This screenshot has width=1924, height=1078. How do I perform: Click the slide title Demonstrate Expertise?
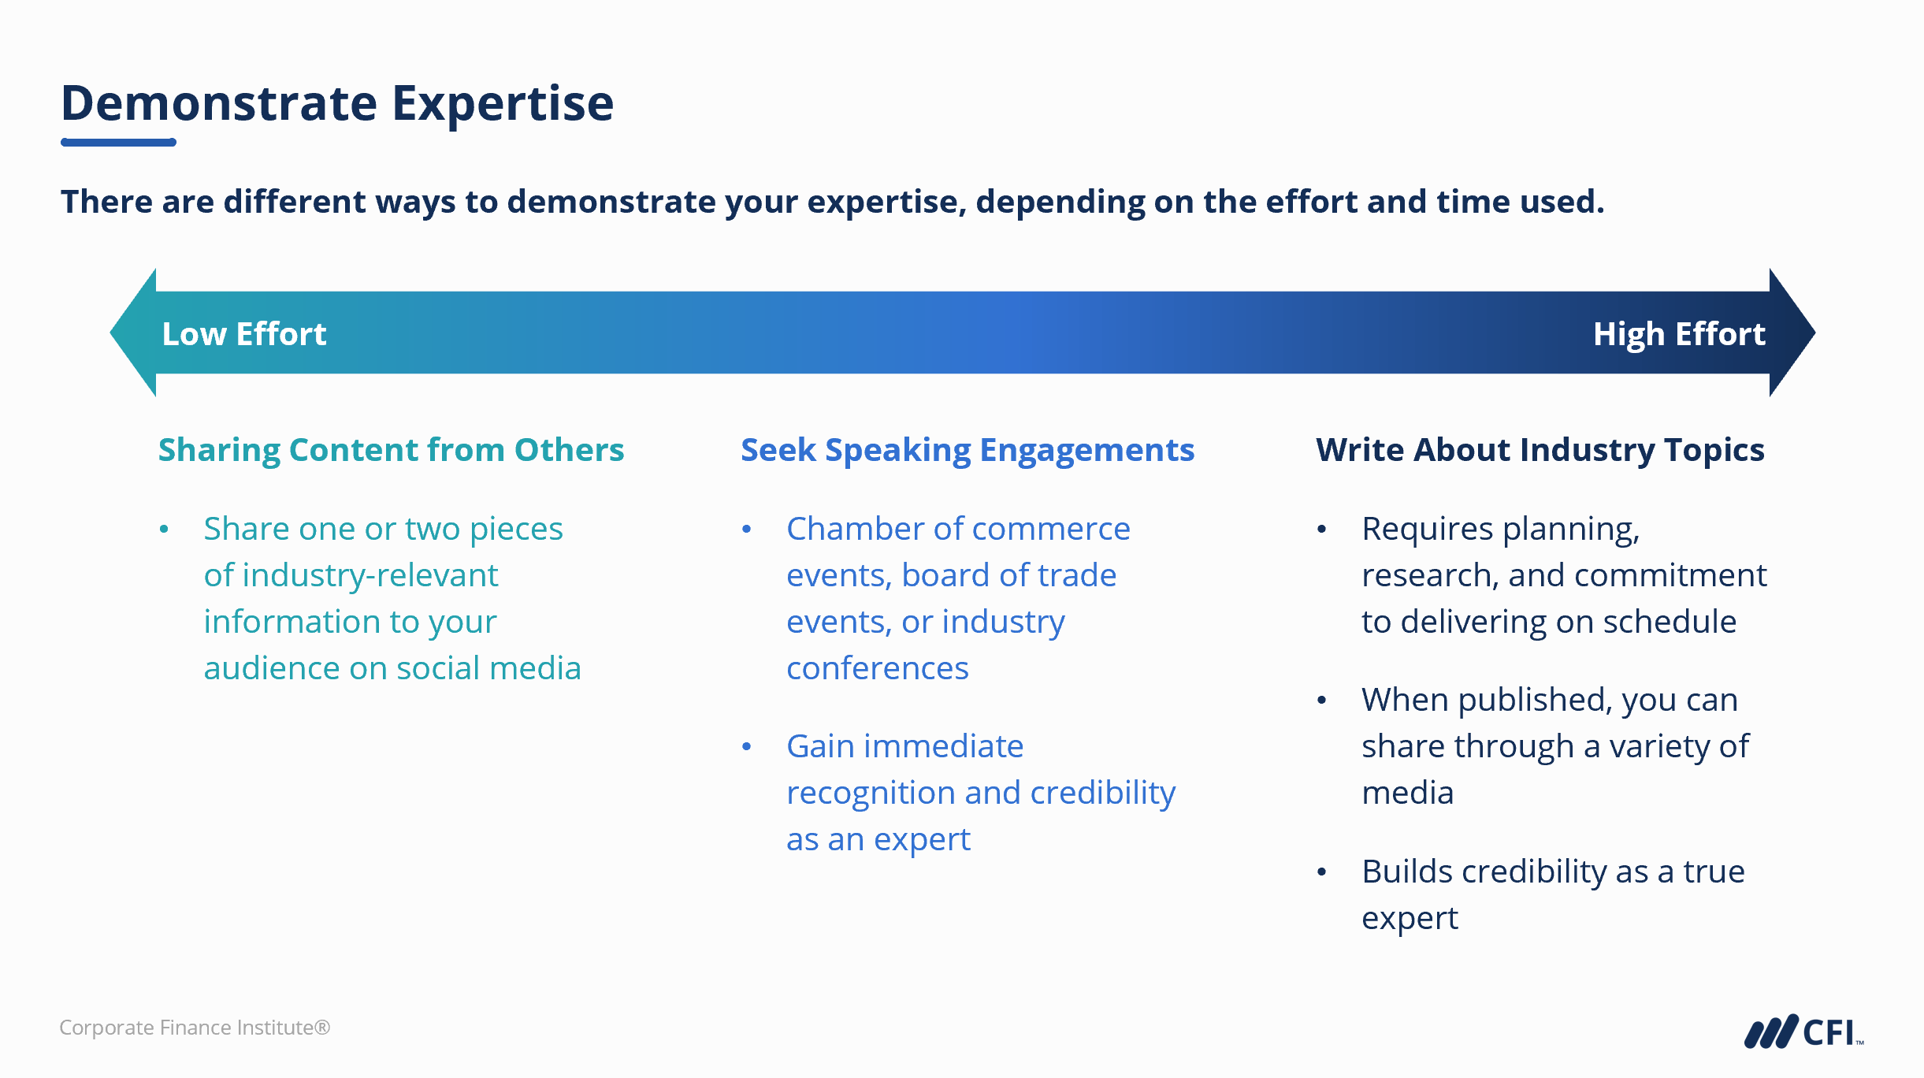coord(337,103)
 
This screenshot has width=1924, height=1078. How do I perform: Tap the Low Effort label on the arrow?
coord(243,334)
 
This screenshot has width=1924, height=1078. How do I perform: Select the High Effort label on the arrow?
coord(1679,334)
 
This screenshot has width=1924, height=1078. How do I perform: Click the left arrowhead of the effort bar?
coord(134,333)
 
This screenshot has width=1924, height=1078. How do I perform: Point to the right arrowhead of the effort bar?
coord(1792,333)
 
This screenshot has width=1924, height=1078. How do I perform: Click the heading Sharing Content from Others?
coord(391,450)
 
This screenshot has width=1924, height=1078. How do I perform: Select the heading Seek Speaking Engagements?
coord(968,450)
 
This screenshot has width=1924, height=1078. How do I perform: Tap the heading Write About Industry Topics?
coord(1540,450)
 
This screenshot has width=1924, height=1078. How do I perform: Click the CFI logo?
coord(1804,1032)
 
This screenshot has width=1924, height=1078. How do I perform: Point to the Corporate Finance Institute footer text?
coord(195,1028)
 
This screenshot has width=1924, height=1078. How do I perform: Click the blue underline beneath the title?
coord(118,143)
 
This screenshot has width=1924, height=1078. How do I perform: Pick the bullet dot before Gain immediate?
coord(747,746)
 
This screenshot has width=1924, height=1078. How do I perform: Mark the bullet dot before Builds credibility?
coord(1322,872)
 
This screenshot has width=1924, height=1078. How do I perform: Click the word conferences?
coord(878,668)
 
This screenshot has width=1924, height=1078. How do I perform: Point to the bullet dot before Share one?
coord(164,529)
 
